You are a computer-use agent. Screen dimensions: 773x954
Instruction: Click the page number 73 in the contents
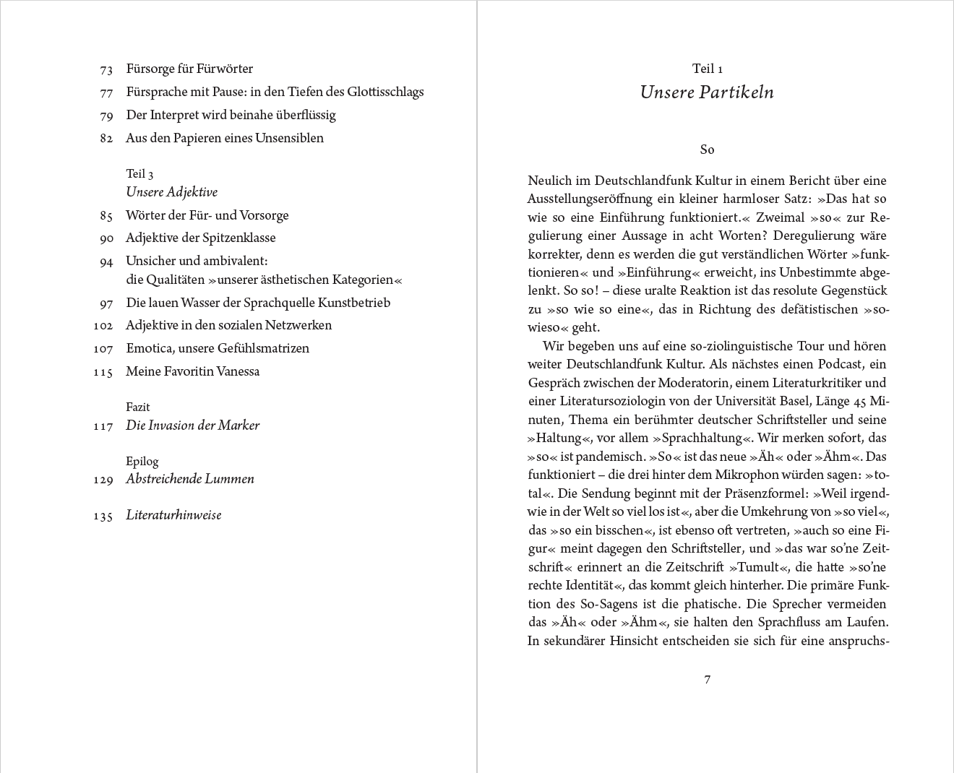[106, 70]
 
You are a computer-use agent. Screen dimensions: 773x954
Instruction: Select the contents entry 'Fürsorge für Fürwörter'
[189, 69]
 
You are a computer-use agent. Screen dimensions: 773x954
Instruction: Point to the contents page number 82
[106, 139]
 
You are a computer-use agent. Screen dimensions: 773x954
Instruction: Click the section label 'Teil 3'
[139, 174]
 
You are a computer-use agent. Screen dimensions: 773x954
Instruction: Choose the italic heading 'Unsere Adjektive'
[171, 192]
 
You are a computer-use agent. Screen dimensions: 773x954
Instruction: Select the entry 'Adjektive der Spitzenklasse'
[200, 238]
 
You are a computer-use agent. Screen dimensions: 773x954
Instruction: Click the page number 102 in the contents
[103, 326]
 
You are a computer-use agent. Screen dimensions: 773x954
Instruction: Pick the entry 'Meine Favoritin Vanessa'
[192, 371]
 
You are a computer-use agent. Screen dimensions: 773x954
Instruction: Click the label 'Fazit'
[138, 407]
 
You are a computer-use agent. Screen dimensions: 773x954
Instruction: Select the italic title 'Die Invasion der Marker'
[192, 426]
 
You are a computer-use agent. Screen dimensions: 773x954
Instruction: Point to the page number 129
[103, 480]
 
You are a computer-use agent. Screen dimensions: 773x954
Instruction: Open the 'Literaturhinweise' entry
[173, 515]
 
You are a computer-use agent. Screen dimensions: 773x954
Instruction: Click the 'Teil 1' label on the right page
[708, 69]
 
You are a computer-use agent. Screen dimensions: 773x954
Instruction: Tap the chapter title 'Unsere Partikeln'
[707, 92]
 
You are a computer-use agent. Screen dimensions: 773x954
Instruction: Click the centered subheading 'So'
[708, 150]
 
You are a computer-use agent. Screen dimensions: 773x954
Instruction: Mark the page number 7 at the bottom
[708, 680]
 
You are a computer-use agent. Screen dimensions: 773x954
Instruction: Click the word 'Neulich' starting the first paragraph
[550, 181]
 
